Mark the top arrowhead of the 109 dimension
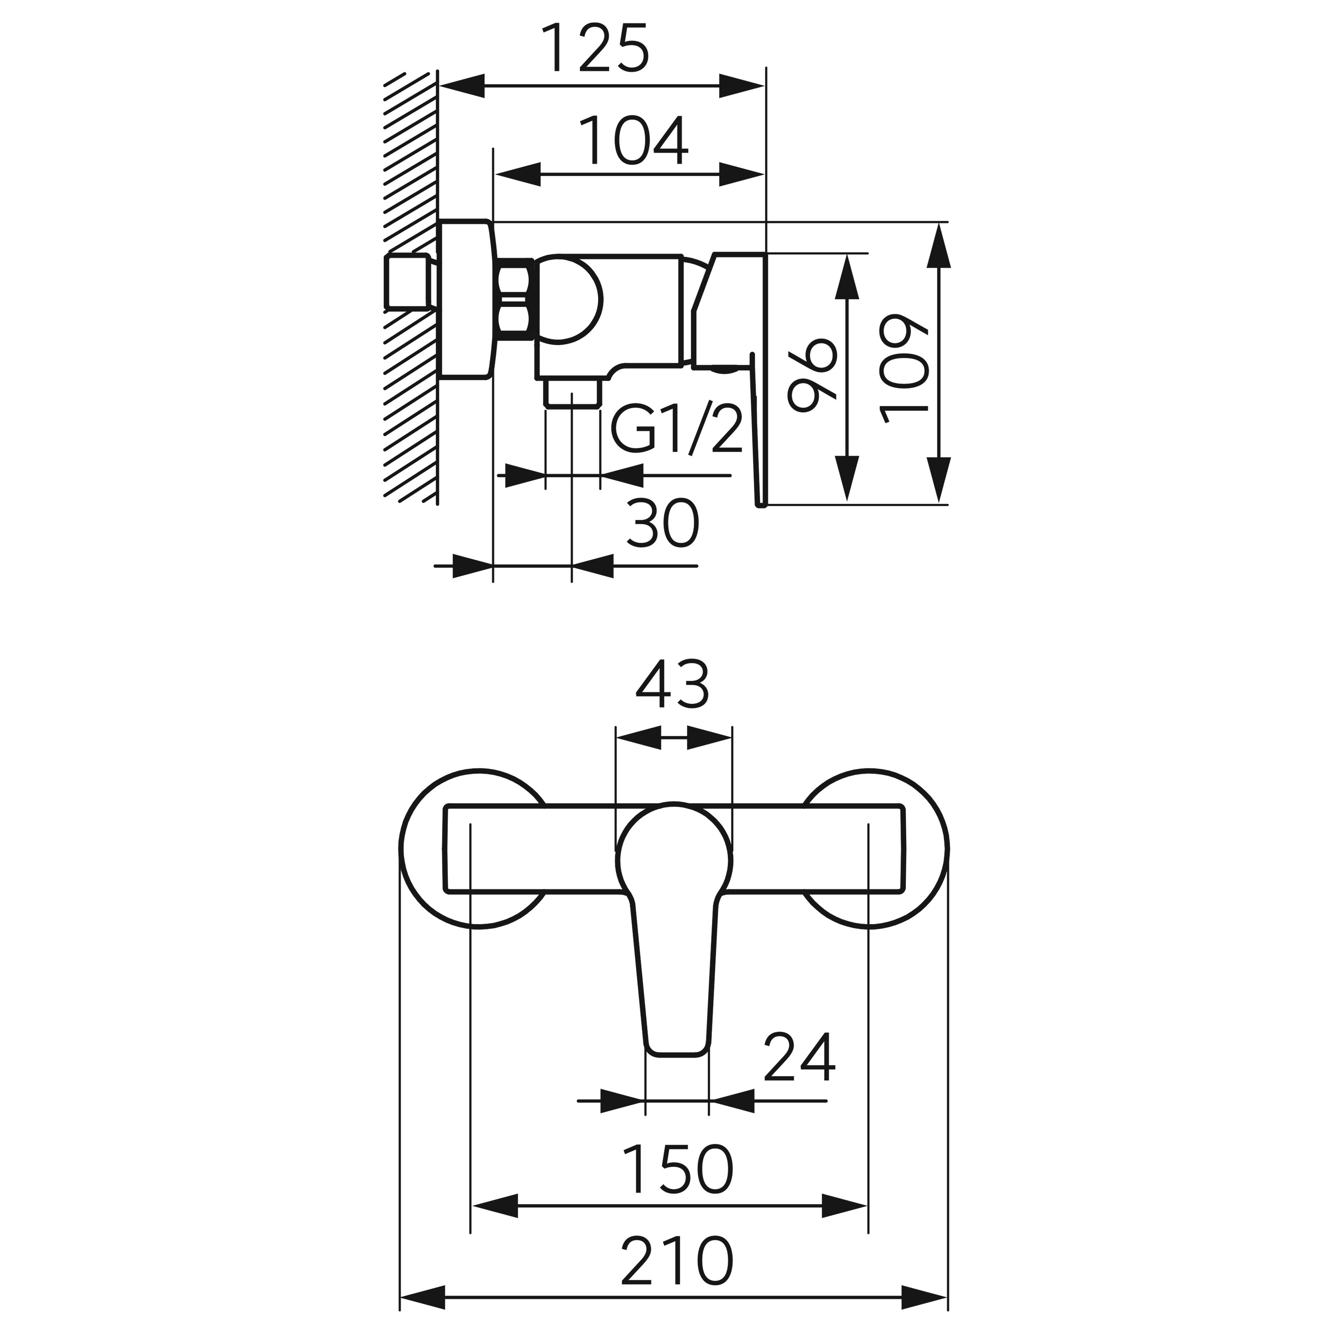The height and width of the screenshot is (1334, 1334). [x=938, y=245]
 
